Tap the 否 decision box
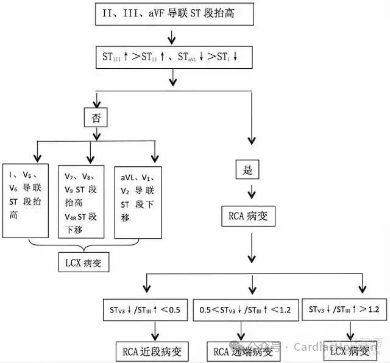(95, 117)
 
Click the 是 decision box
(247, 170)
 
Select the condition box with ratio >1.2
(344, 309)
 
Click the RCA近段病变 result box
(152, 351)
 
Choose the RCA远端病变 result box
(243, 351)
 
